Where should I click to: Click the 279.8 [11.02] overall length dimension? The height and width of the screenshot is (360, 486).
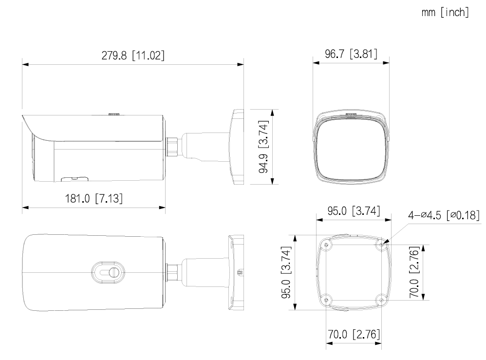tap(133, 56)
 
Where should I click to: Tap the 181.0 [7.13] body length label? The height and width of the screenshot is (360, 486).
tap(93, 198)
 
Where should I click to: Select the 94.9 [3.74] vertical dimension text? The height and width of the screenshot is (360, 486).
tap(263, 147)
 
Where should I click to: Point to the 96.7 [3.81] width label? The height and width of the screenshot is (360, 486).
tap(351, 54)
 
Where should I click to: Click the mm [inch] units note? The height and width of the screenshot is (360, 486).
tap(445, 12)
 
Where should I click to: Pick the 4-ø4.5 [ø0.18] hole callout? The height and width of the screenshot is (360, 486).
tap(444, 215)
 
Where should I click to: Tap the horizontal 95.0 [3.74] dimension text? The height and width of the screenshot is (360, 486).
tap(354, 211)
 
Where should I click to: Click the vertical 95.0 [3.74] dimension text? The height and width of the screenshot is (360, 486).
tap(286, 273)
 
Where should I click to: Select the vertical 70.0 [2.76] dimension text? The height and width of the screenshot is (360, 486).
tap(414, 272)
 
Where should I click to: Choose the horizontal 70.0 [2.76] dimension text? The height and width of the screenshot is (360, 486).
tap(354, 334)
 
